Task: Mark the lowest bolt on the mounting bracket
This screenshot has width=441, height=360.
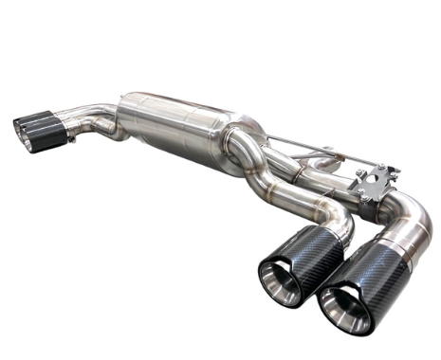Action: coord(359,198)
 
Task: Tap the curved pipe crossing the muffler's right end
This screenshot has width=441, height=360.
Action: coord(248,152)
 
